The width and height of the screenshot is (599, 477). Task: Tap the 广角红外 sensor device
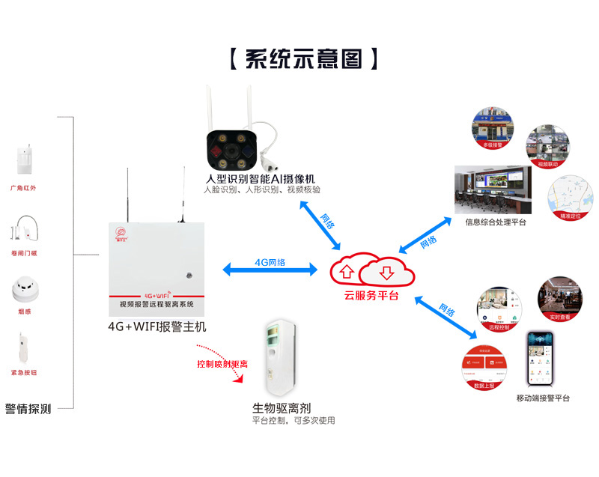(x=23, y=158)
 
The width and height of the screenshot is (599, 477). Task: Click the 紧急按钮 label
(x=23, y=371)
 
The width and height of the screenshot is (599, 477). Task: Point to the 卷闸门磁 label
(x=23, y=253)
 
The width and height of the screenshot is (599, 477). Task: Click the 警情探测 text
(x=28, y=409)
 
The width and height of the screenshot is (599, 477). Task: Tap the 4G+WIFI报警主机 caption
(x=156, y=326)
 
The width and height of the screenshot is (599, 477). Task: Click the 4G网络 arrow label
(x=270, y=263)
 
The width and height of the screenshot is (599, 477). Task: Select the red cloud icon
(x=371, y=270)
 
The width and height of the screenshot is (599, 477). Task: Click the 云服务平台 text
(x=371, y=295)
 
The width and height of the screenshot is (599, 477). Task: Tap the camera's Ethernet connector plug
(x=269, y=159)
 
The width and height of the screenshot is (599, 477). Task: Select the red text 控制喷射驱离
(x=222, y=364)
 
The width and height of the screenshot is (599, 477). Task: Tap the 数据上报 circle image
(x=484, y=367)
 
